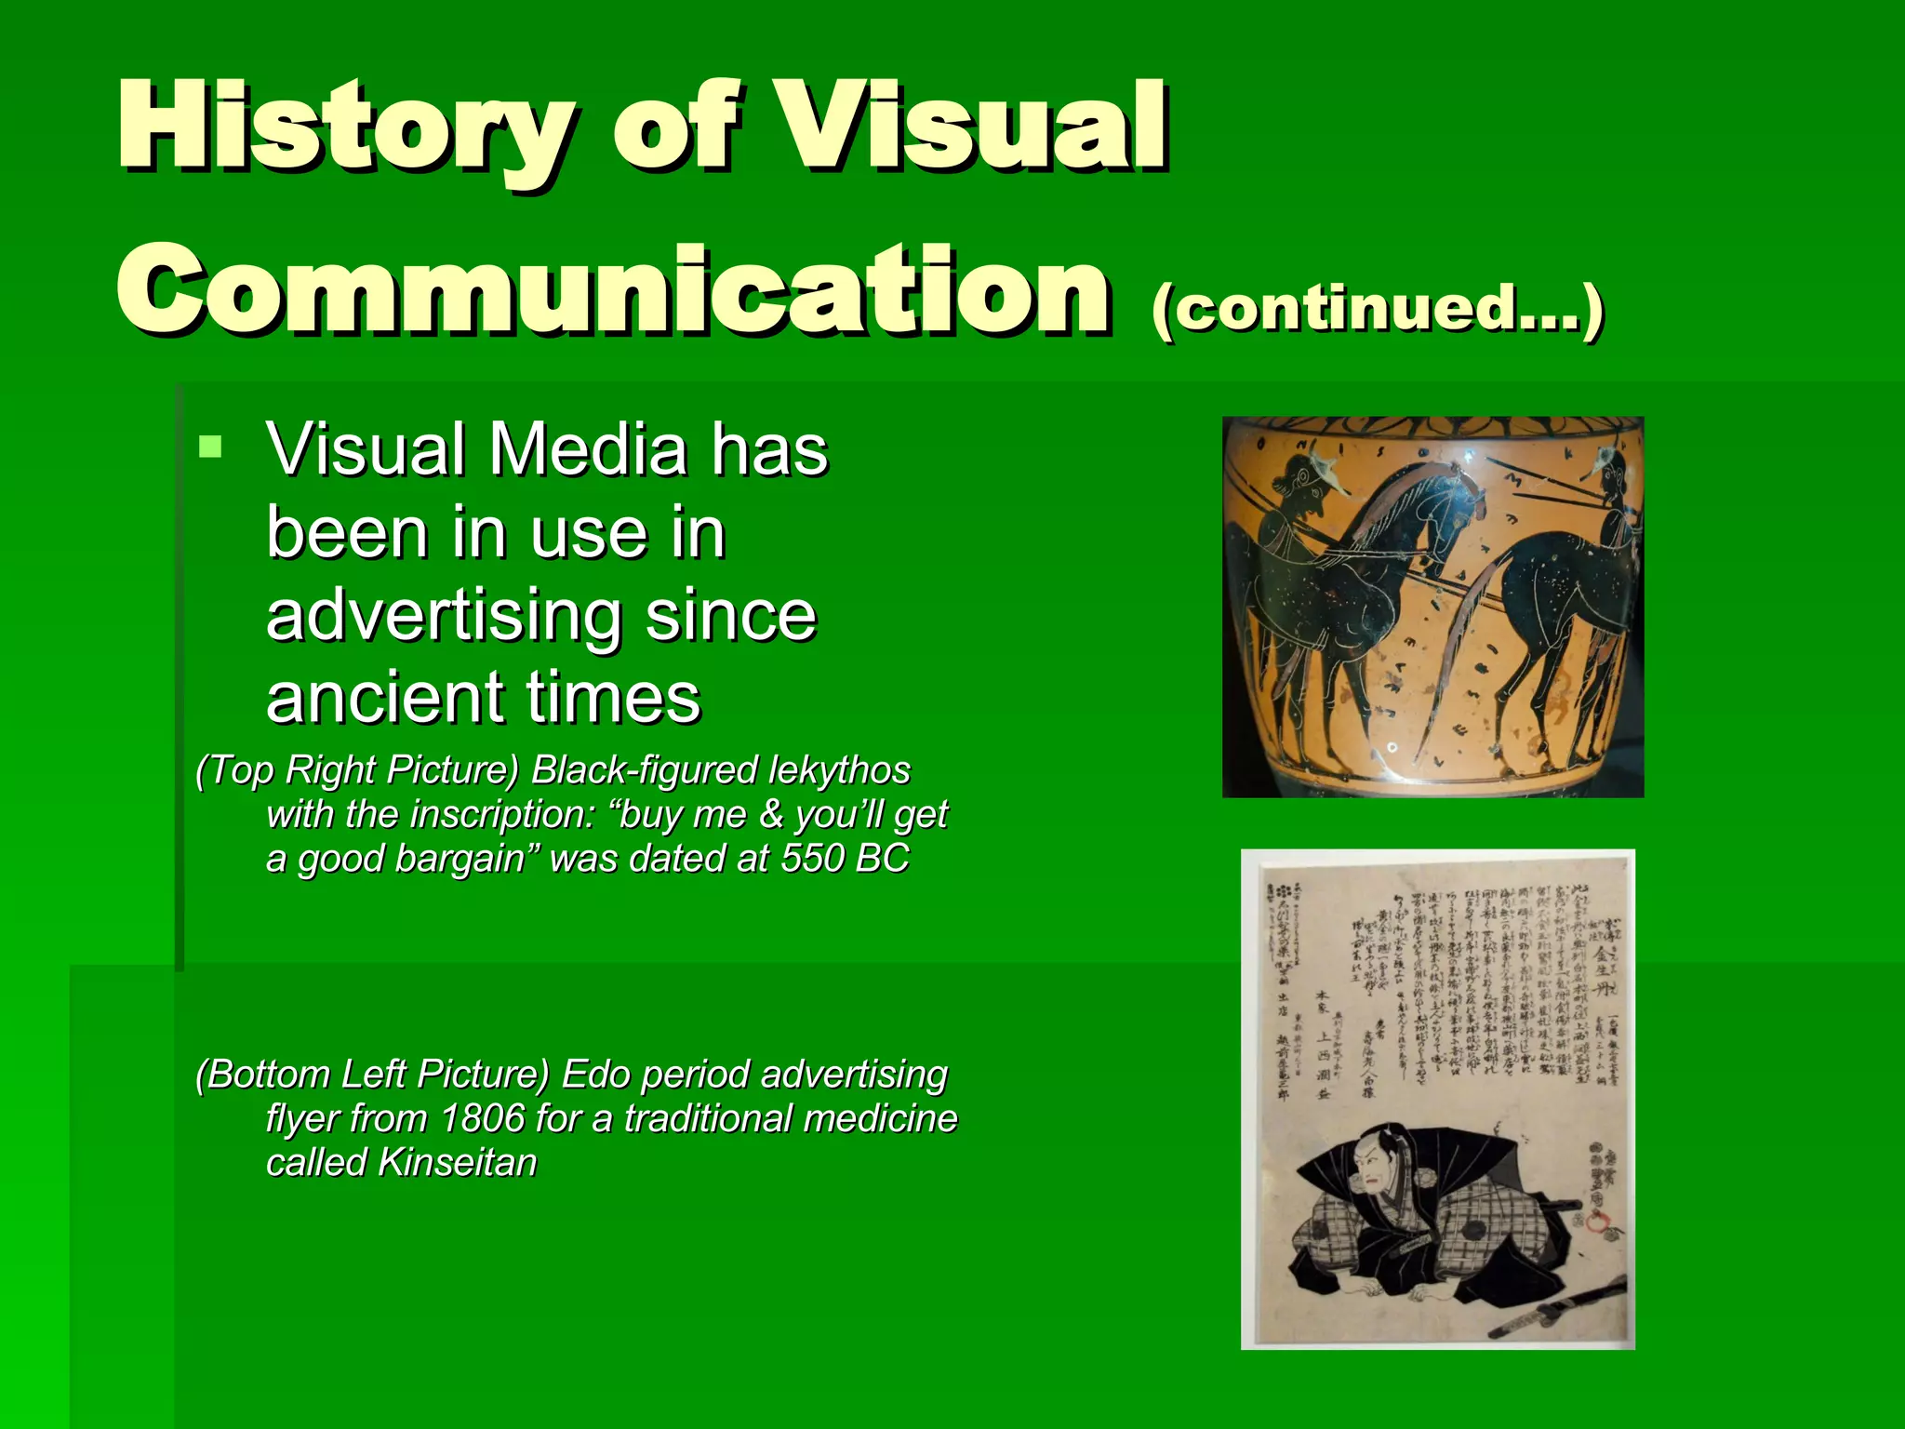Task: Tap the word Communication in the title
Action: click(x=614, y=288)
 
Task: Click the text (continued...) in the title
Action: click(x=1377, y=307)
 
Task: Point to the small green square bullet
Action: click(x=211, y=447)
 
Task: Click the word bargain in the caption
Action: click(x=460, y=858)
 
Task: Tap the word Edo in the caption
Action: click(x=595, y=1075)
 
